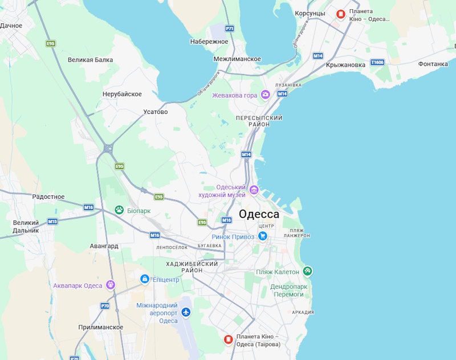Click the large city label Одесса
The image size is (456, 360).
tap(259, 214)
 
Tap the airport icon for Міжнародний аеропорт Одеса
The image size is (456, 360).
tap(186, 312)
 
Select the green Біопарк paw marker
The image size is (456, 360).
tap(119, 210)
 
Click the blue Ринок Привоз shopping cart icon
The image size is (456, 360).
tap(263, 236)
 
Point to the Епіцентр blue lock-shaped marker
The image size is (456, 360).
tap(145, 279)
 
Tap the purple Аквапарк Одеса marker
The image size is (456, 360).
tap(110, 285)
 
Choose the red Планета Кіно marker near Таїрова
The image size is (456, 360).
tap(228, 340)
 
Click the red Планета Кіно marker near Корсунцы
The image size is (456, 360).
tap(341, 14)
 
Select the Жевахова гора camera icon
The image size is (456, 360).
tap(265, 95)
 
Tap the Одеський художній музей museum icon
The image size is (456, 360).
tap(254, 190)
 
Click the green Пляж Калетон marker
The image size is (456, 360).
tap(307, 271)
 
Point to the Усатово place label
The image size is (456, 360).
tap(156, 112)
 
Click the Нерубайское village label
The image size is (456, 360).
tap(122, 94)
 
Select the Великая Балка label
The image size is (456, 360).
tap(90, 60)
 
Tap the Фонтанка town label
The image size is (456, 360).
tap(433, 64)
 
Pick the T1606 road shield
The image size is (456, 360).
tap(377, 62)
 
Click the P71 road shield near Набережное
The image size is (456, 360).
tap(230, 28)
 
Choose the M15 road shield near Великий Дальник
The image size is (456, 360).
tap(52, 222)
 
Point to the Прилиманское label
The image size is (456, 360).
tap(101, 327)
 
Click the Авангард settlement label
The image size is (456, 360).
tap(104, 246)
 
